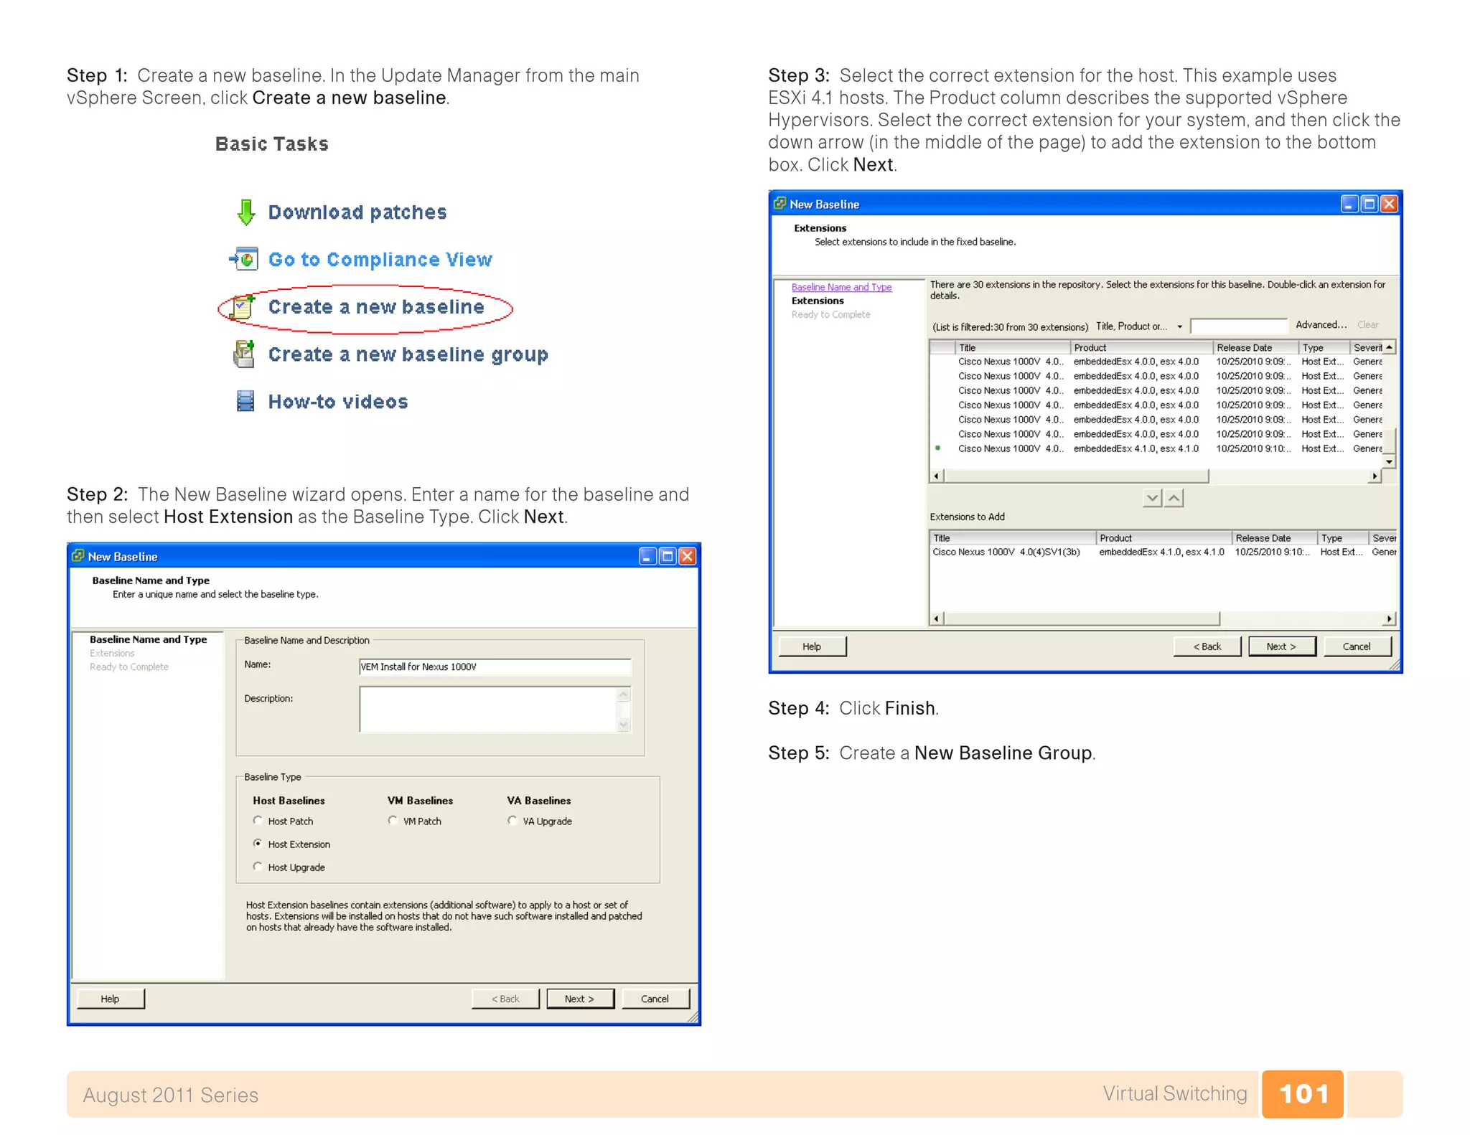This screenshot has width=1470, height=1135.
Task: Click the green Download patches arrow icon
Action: coord(245,212)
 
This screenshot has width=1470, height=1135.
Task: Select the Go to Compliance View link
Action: coord(380,260)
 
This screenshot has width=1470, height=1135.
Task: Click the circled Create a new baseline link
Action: coord(376,307)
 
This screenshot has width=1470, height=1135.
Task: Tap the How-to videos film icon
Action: coord(245,401)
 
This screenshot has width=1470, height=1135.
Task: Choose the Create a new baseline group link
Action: coord(408,354)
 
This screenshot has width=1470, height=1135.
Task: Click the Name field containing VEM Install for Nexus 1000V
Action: coord(494,667)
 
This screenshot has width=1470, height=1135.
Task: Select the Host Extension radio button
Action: coord(258,844)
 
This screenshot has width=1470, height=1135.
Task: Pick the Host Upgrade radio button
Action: coord(258,867)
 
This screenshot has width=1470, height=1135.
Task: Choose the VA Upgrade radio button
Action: coord(512,821)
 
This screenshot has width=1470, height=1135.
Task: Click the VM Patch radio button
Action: coord(393,821)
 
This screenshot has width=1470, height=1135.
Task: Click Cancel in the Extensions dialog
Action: coord(1356,646)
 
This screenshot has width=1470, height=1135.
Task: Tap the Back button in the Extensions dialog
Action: coord(1207,646)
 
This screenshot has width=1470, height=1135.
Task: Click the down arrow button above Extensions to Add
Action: coord(1152,498)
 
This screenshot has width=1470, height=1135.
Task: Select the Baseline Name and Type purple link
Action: coord(841,287)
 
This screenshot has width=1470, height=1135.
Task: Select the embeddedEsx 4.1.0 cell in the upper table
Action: coord(1136,448)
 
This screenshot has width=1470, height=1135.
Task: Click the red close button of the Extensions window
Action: coord(1389,204)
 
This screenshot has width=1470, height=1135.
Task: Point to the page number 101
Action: coord(1303,1094)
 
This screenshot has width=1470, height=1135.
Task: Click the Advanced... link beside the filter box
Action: coord(1321,325)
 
